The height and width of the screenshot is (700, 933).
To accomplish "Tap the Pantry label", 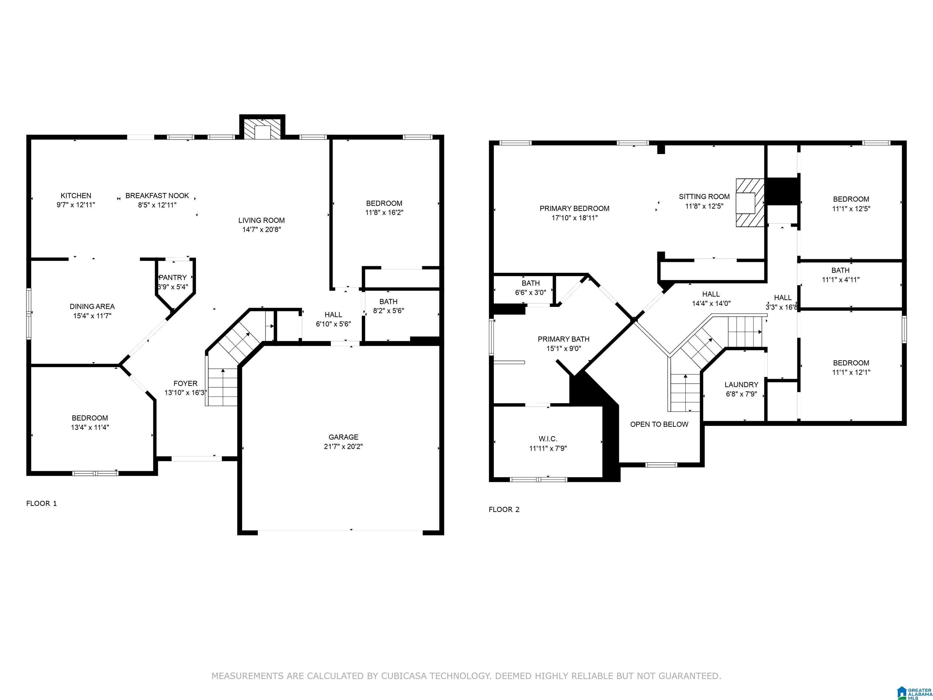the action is pos(173,278).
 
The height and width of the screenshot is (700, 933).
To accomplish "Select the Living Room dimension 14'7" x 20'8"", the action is pos(261,230).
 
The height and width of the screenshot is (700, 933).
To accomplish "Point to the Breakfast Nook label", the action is pos(157,196).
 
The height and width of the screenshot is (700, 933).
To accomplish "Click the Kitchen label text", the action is pos(76,196).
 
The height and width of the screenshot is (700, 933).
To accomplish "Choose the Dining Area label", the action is pos(92,306).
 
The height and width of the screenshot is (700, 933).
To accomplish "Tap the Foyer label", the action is pos(186,383).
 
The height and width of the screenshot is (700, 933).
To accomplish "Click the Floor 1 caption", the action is pos(41,503).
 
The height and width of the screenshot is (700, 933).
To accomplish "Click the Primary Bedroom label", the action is pos(575,208).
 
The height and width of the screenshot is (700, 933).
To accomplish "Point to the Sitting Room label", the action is pos(704,197).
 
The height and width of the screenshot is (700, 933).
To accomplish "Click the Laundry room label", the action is pos(741,385).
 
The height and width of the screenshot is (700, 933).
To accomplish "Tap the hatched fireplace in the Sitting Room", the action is pos(750,203).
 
